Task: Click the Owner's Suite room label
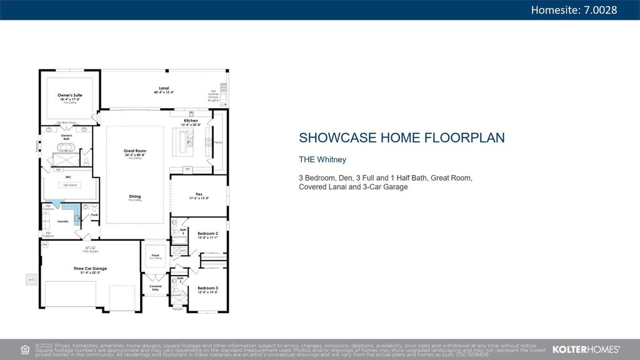pos(70,96)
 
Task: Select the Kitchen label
pos(191,121)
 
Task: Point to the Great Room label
pos(134,151)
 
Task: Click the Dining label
pos(134,196)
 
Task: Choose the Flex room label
pos(199,194)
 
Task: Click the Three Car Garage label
pos(90,269)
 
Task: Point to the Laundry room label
pos(62,221)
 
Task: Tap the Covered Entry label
pos(154,288)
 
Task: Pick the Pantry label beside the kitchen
pos(217,142)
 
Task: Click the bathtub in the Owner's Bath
pos(66,149)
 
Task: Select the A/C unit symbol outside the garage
pos(31,279)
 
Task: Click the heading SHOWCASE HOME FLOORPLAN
pos(401,137)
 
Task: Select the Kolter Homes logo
pos(586,349)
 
